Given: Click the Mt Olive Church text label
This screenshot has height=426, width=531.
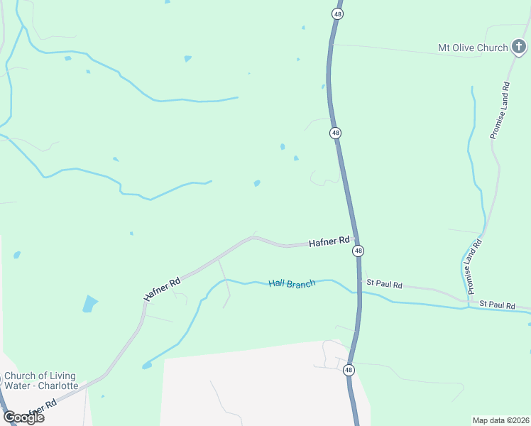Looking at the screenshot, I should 473,48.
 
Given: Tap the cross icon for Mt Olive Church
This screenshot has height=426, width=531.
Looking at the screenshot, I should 520,48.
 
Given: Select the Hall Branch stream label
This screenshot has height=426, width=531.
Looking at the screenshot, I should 292,284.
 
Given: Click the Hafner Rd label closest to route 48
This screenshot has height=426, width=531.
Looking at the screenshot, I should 329,242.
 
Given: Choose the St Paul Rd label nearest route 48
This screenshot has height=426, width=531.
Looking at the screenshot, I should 384,285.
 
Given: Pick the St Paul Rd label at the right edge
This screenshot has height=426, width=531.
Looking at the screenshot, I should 497,305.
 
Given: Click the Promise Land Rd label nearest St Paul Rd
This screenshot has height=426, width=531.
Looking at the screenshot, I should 474,266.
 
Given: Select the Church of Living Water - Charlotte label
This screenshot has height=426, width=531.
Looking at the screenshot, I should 40,381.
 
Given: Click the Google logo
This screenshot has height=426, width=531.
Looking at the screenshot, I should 23,417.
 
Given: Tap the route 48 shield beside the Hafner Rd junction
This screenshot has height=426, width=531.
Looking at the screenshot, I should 358,251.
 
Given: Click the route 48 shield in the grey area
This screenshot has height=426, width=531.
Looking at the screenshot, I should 348,370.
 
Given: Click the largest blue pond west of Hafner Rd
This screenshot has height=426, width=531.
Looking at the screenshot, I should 90,304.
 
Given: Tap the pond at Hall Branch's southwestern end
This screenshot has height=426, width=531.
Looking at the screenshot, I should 147,366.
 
